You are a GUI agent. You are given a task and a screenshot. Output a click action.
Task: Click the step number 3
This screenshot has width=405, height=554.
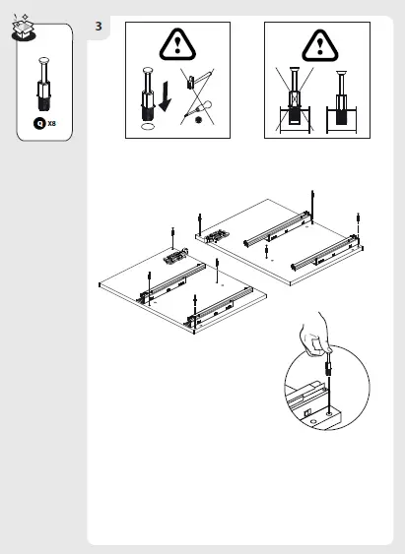pos(100,26)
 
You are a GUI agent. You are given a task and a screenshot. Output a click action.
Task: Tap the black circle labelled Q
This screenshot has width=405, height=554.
pos(39,124)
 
